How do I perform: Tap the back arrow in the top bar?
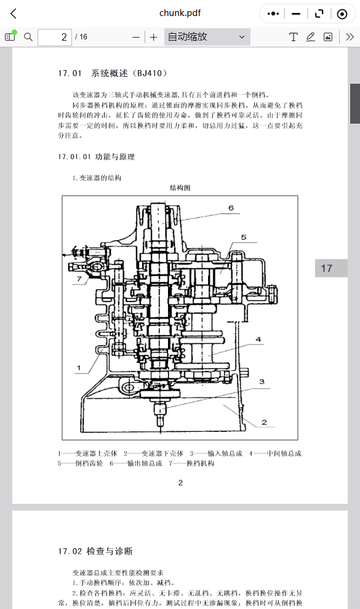click(14, 14)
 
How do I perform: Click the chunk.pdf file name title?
click(180, 13)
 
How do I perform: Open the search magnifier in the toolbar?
click(28, 37)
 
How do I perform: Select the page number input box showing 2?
click(55, 38)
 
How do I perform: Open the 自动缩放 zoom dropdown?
click(207, 37)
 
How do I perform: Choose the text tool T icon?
click(293, 37)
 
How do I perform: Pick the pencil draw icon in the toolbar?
click(310, 37)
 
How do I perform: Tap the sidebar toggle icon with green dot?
click(10, 36)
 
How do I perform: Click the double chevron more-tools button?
click(350, 37)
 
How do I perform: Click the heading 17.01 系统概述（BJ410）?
click(113, 73)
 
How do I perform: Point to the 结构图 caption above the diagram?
click(180, 188)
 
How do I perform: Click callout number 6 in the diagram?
click(231, 208)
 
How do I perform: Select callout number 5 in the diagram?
click(244, 237)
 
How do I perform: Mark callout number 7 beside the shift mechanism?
click(79, 279)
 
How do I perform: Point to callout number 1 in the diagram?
click(79, 367)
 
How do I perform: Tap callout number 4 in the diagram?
click(258, 340)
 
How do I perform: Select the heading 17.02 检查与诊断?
click(95, 551)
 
